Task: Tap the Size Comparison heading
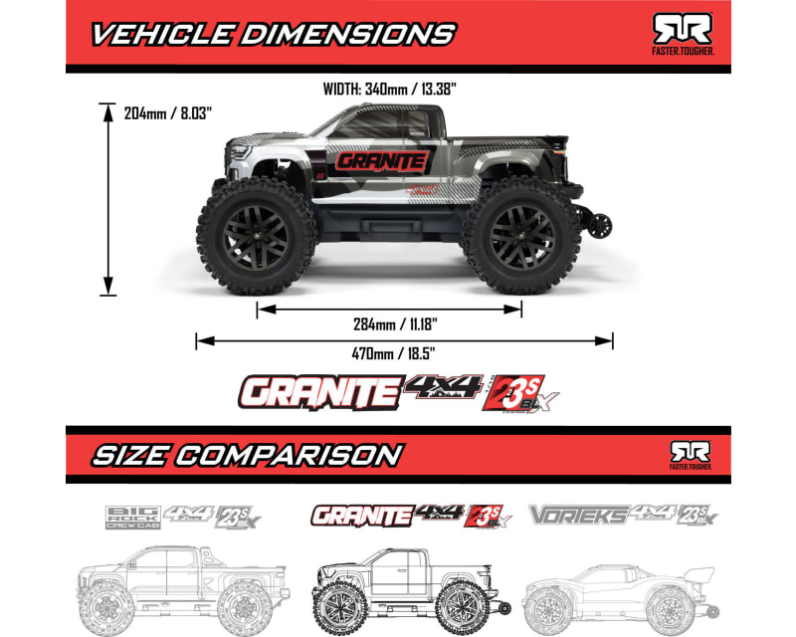pos(247,455)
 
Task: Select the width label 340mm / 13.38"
pos(389,89)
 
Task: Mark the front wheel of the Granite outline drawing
pos(343,603)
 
